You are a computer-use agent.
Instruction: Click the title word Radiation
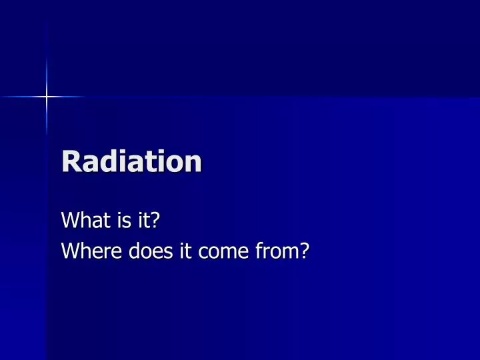click(x=131, y=161)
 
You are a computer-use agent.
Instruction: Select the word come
click(x=204, y=253)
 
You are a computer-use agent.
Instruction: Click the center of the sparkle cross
click(x=47, y=97)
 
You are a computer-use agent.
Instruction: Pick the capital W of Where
click(x=69, y=251)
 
